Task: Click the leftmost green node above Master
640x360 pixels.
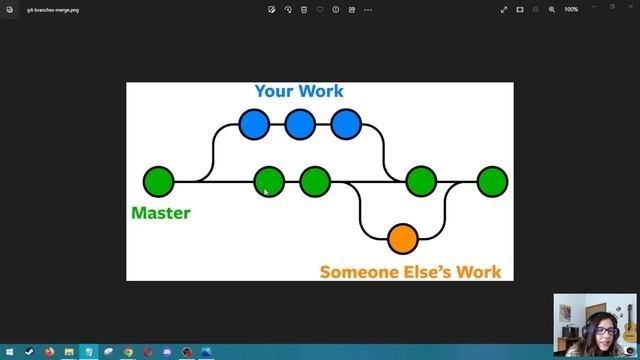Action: click(x=158, y=182)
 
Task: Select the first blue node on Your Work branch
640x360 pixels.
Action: click(x=254, y=124)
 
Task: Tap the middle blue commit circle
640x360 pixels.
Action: click(x=300, y=124)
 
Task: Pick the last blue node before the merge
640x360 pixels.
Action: click(x=346, y=124)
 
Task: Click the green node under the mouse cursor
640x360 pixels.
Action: click(x=269, y=182)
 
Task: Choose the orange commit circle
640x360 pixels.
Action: click(x=402, y=239)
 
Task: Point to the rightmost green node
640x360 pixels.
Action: click(x=492, y=182)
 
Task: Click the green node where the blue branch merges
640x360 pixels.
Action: click(x=421, y=182)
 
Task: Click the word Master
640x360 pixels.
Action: click(x=160, y=212)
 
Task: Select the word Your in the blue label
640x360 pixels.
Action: click(x=274, y=91)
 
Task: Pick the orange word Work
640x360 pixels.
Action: click(x=478, y=271)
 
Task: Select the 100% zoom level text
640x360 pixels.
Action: click(x=571, y=9)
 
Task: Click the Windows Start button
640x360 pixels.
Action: click(x=8, y=352)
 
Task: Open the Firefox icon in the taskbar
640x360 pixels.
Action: click(x=48, y=352)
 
